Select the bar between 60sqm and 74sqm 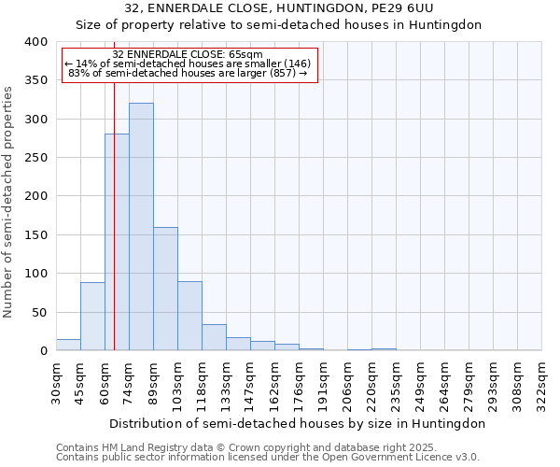pos(117,243)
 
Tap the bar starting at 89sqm pos(165,289)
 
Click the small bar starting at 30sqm pos(68,345)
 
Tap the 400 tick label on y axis pos(35,42)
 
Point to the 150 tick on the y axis pos(35,235)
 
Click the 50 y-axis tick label pos(39,312)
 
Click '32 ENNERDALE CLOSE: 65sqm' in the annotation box pos(187,54)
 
